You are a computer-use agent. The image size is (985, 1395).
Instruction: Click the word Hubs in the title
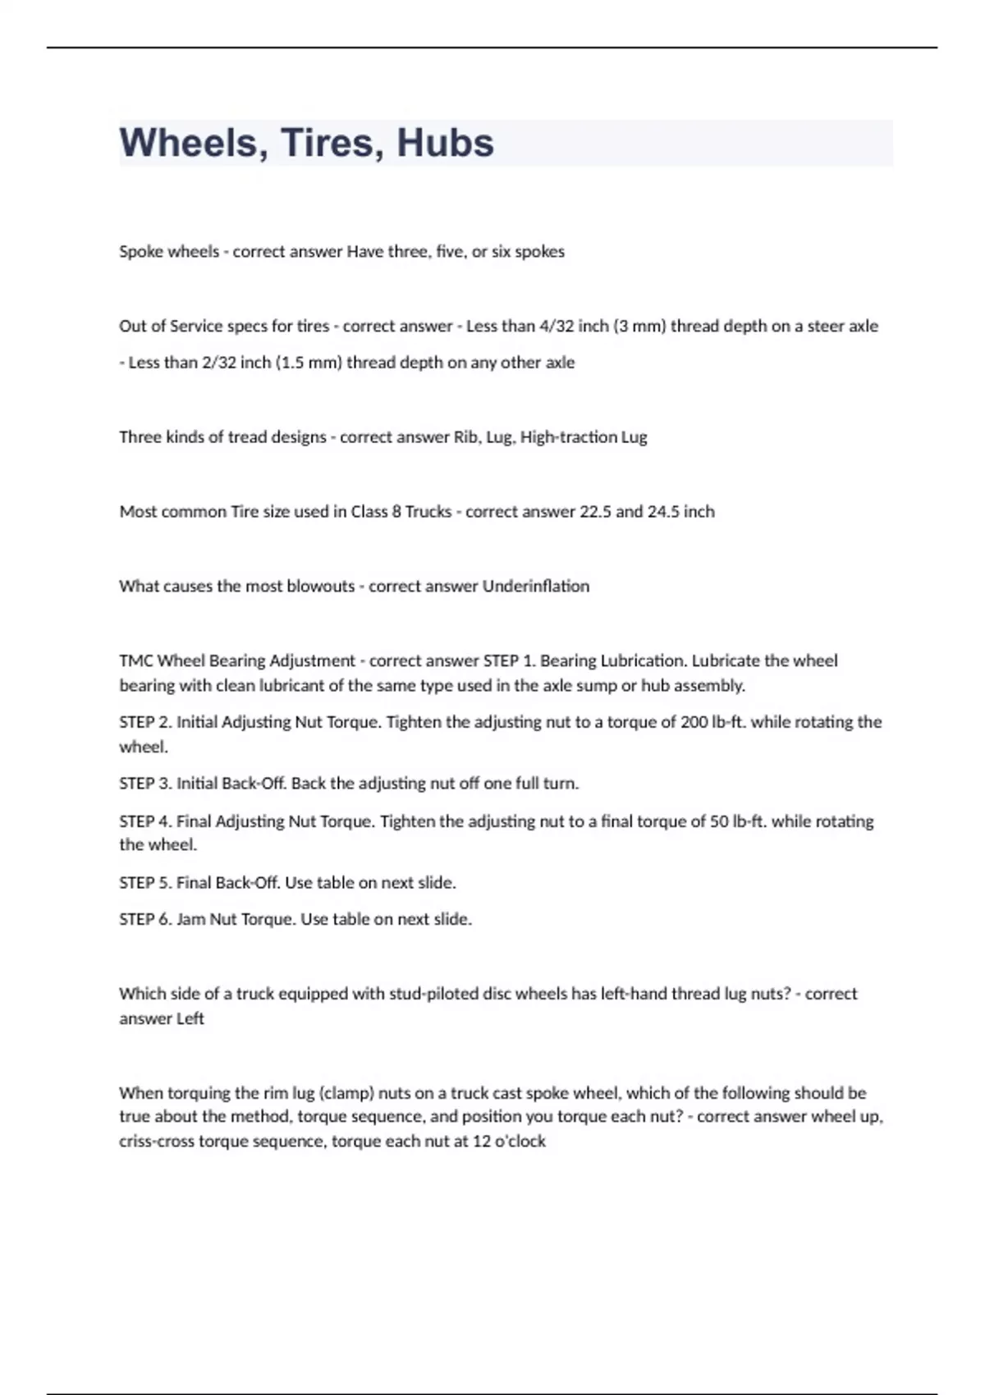[x=445, y=143]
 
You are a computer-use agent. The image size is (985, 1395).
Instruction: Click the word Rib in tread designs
[x=466, y=437]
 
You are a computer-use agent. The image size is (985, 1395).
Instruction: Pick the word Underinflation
[x=535, y=586]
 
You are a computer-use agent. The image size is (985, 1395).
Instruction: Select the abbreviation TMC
[x=135, y=661]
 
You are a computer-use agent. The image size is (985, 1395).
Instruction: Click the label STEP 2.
[x=144, y=722]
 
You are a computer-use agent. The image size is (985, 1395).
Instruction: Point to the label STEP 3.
[x=144, y=784]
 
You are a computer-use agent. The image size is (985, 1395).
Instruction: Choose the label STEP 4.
[x=144, y=821]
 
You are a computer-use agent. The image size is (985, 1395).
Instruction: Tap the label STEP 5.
[x=144, y=883]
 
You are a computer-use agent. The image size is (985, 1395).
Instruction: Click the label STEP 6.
[x=144, y=919]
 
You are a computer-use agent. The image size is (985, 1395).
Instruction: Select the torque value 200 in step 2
[x=694, y=722]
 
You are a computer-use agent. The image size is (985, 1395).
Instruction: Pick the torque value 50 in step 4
[x=719, y=821]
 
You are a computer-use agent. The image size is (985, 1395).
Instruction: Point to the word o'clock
[x=520, y=1141]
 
